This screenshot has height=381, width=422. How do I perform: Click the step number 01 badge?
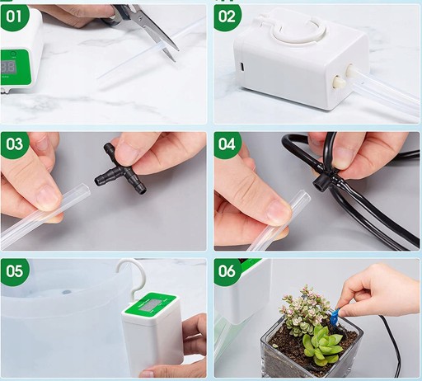click(14, 16)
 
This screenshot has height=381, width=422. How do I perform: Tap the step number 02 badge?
click(227, 16)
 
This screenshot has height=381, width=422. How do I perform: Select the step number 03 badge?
click(14, 144)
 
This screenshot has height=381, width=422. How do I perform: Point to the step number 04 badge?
click(227, 144)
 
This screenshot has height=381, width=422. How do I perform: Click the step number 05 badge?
click(14, 270)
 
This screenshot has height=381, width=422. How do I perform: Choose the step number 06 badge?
click(227, 270)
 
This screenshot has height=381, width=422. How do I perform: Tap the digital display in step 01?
click(7, 67)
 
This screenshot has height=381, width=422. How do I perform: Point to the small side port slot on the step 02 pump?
click(242, 67)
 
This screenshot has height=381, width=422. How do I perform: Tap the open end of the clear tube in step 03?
click(84, 189)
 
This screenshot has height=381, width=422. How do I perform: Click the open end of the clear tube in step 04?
click(304, 195)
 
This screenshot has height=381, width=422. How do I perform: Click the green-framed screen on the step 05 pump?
click(150, 305)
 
